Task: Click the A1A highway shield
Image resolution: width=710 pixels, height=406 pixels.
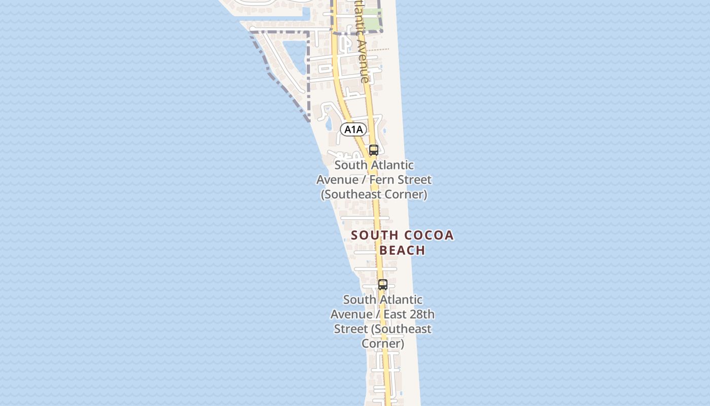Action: [353, 129]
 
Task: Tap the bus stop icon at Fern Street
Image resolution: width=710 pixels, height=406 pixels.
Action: [374, 150]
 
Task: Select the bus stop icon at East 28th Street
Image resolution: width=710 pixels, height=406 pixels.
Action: [383, 285]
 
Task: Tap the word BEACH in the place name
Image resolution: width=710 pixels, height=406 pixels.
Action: [402, 250]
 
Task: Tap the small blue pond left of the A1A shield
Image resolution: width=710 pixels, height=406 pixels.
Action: [328, 123]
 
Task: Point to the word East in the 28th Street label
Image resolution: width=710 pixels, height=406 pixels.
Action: [395, 314]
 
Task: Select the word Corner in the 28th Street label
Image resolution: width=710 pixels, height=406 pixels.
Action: [382, 344]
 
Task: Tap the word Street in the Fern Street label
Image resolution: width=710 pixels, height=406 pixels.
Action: [414, 180]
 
